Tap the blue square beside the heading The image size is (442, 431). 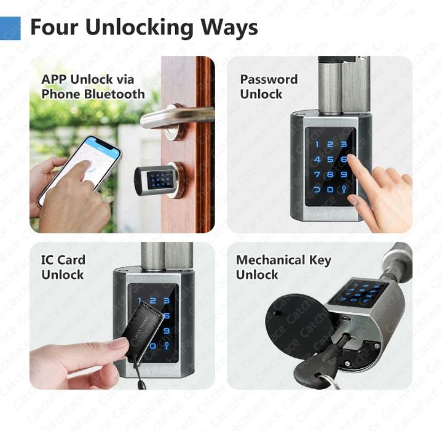coord(10,28)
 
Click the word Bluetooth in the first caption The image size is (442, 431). coord(114,94)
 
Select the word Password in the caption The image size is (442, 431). coord(269,79)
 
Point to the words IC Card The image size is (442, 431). coord(63,260)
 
